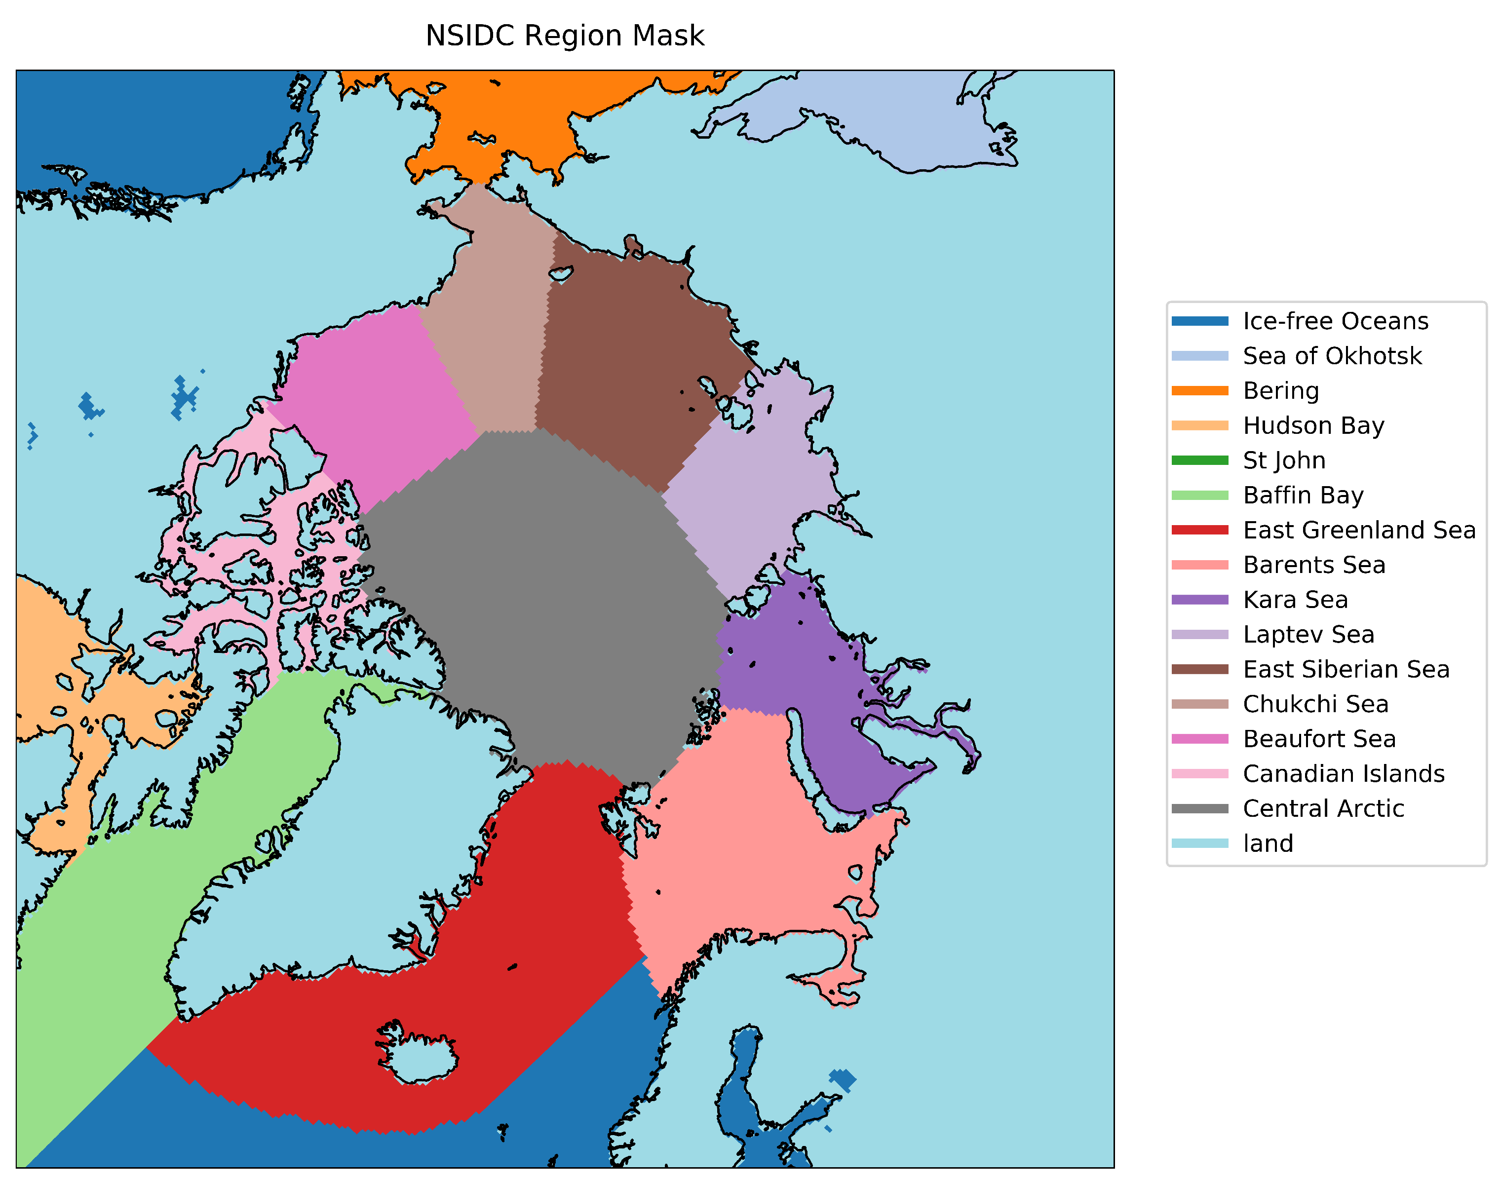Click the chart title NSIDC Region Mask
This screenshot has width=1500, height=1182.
564,36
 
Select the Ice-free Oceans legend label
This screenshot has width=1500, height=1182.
1335,321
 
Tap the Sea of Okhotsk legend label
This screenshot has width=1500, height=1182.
1332,356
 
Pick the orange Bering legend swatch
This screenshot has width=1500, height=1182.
1199,391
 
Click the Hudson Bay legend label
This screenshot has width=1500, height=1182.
1313,425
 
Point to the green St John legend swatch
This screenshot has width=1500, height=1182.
1199,460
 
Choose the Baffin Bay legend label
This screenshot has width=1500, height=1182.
1303,496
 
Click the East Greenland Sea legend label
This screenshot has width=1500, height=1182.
1359,530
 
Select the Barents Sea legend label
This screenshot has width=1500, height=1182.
1314,565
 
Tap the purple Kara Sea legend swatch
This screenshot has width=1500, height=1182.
1199,600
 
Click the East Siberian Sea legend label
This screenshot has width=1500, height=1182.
1346,669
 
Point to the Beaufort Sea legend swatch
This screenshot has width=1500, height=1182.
1199,739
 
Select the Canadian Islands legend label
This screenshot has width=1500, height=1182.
1344,774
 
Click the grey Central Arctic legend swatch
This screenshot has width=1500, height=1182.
1199,808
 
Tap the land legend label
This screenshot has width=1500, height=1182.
1268,843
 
